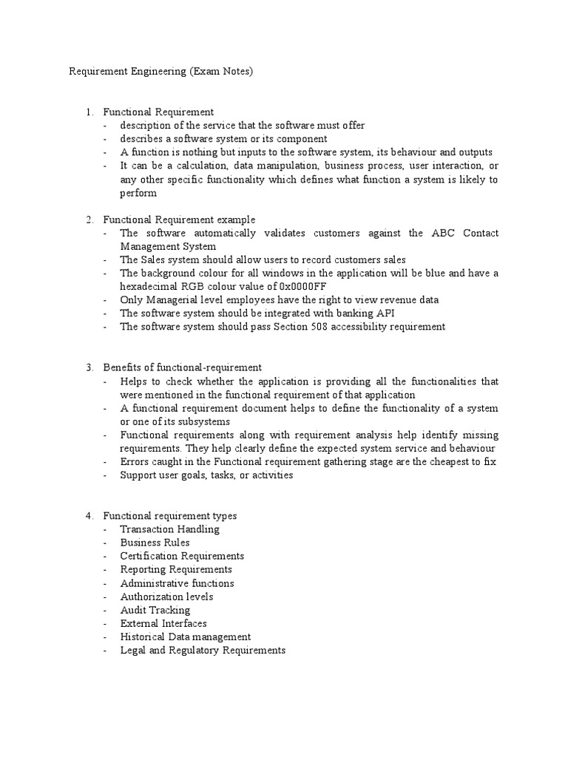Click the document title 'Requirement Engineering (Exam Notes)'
160,72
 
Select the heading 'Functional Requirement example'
179,220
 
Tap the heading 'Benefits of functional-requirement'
182,367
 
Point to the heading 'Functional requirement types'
169,516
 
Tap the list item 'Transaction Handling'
169,529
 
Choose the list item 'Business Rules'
155,543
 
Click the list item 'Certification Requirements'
182,556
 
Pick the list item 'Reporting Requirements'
176,569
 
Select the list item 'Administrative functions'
177,583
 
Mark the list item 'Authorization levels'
166,597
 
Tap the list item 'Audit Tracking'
155,610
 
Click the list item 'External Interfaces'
163,623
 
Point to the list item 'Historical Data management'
186,637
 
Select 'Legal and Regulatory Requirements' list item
203,650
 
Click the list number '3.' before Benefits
89,367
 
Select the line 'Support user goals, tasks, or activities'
206,475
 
